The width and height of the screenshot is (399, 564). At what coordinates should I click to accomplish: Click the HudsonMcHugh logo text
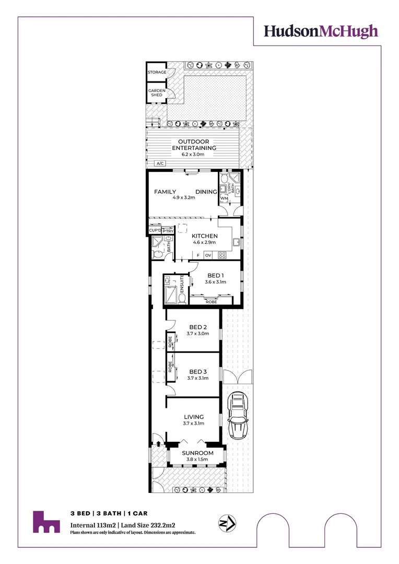[x=320, y=31]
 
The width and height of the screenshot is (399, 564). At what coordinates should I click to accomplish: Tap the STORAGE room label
[x=157, y=72]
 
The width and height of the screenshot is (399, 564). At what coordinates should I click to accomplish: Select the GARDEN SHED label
[x=157, y=92]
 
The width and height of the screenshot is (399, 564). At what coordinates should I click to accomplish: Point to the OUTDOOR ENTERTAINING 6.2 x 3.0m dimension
[x=194, y=155]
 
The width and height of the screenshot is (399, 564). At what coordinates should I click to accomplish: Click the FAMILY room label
[x=165, y=192]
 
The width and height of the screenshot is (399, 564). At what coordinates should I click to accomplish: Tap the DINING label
[x=206, y=192]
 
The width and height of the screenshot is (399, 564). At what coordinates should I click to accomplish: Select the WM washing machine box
[x=224, y=198]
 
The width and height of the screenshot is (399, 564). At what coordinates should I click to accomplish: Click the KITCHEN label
[x=204, y=236]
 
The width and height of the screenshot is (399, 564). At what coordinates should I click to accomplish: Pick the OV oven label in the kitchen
[x=208, y=255]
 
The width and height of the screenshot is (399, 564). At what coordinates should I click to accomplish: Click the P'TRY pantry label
[x=168, y=231]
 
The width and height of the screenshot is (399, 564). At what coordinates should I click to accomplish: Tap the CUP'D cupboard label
[x=155, y=230]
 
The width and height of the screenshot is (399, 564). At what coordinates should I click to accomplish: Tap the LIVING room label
[x=193, y=417]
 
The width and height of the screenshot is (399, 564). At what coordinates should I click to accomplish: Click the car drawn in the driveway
[x=238, y=415]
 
